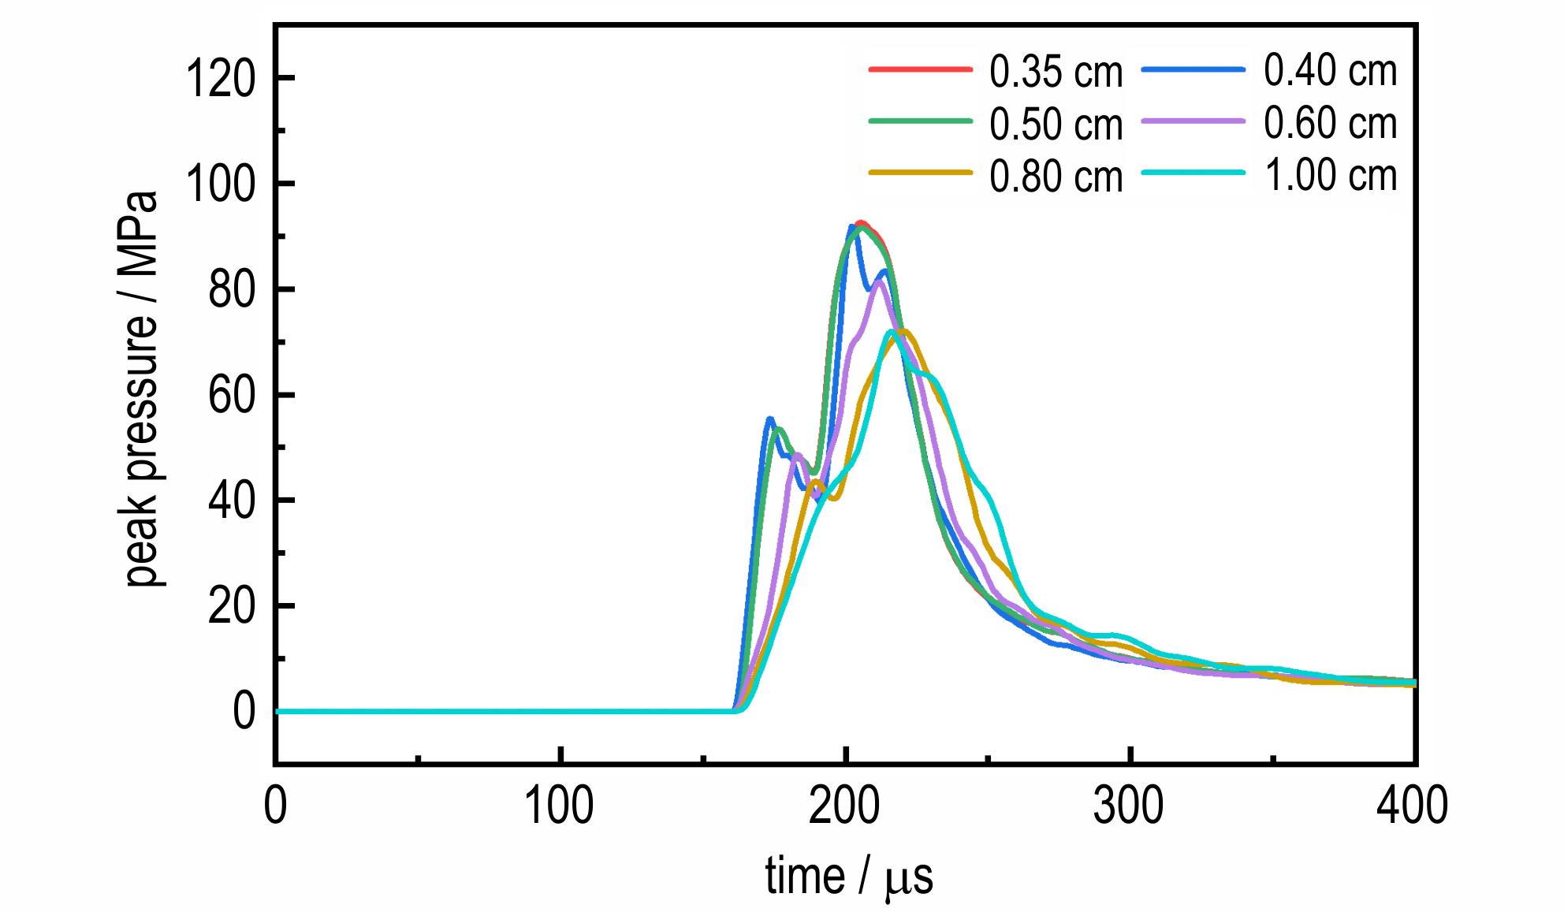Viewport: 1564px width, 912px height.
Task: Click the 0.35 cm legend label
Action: (x=1056, y=73)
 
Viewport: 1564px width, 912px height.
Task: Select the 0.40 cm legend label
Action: (x=1330, y=71)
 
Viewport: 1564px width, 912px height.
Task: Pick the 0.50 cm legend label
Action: (x=1056, y=125)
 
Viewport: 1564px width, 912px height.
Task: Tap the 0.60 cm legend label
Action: (x=1330, y=123)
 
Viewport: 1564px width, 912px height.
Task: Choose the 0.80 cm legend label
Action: (x=1056, y=177)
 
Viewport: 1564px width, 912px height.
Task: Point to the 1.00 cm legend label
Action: (x=1330, y=175)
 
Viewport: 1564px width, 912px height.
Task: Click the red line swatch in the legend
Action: (x=919, y=69)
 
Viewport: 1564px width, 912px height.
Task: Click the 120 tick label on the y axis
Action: (x=220, y=79)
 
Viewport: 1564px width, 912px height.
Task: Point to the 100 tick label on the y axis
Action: (x=220, y=184)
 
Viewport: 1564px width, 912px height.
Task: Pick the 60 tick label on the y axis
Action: (x=232, y=396)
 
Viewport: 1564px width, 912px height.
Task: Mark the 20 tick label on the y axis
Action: (x=232, y=607)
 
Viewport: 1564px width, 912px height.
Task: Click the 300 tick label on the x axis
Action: (x=1129, y=806)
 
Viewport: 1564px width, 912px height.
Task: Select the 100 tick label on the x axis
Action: (x=559, y=806)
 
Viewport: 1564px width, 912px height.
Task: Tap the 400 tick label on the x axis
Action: (x=1413, y=806)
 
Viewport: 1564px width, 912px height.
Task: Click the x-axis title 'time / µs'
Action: (x=848, y=877)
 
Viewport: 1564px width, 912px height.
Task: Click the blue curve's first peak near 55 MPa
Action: (x=770, y=419)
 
